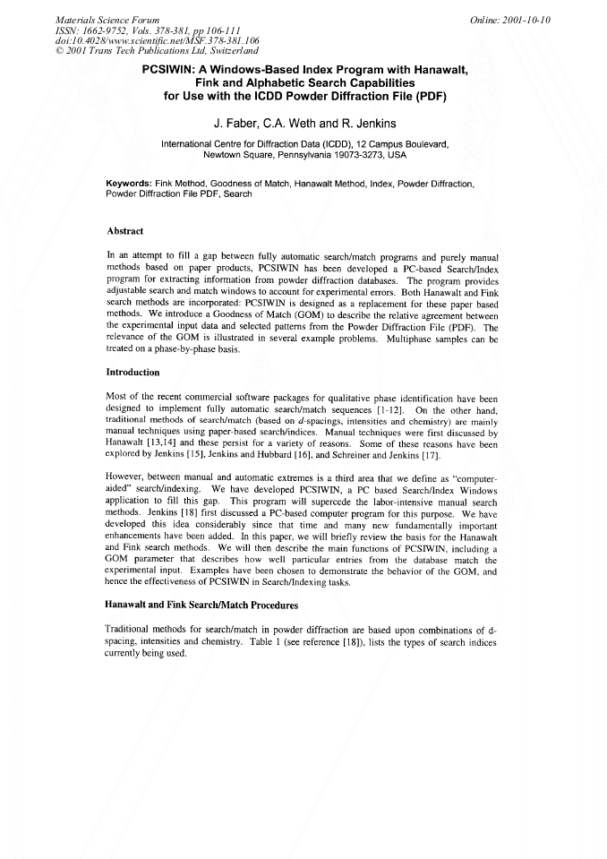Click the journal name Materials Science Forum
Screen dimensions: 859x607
pos(107,19)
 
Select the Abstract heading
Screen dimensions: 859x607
pos(125,231)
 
